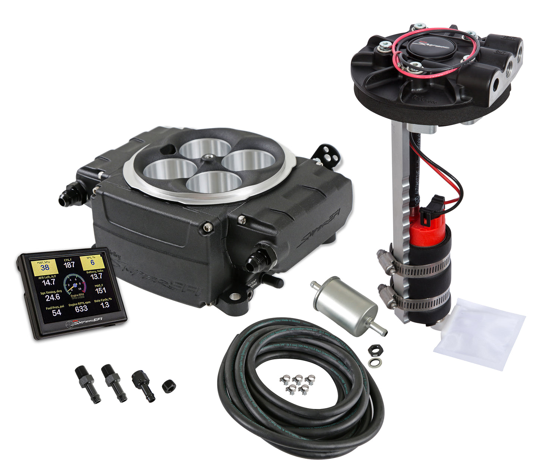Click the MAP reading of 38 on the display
(x=45, y=267)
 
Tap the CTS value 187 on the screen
(x=69, y=265)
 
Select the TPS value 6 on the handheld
(x=92, y=262)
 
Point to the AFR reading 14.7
(x=48, y=282)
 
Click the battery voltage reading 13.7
(x=96, y=276)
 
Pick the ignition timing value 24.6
(x=53, y=297)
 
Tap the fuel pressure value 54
(x=57, y=312)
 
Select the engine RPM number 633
(x=81, y=309)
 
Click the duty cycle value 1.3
(x=105, y=305)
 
